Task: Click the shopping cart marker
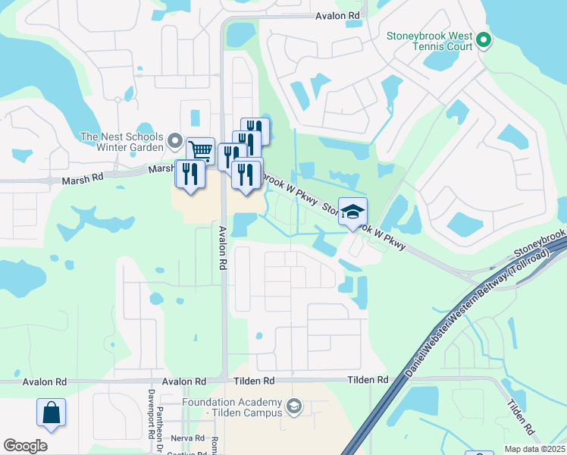coord(200,150)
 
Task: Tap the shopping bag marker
coord(51,413)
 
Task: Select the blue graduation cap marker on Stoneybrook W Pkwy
coord(352,212)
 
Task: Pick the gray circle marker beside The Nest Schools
coord(175,141)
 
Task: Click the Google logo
coord(25,445)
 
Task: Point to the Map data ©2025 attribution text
coord(534,449)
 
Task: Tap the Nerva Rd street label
coord(189,438)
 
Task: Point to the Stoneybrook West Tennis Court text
coord(429,41)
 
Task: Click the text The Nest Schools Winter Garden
coord(122,142)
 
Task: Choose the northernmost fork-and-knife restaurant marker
coord(255,130)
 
